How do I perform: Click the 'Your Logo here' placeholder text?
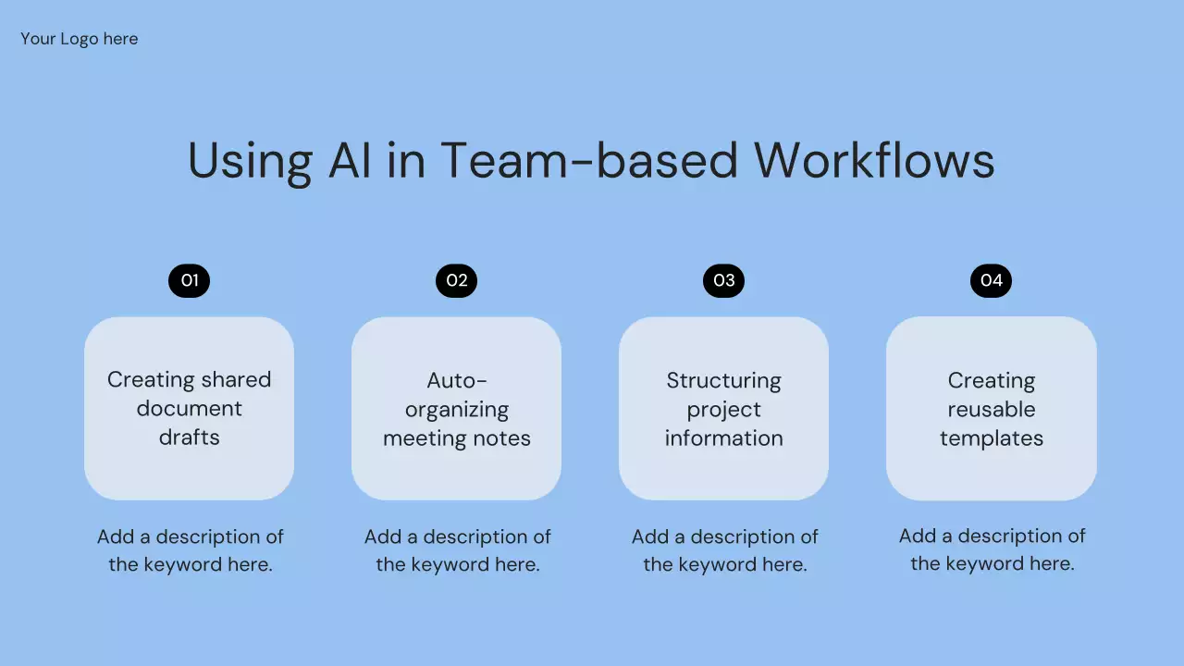(x=80, y=39)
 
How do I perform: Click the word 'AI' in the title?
(x=350, y=160)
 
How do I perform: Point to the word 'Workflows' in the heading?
(x=874, y=160)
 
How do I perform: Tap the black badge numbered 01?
(x=190, y=280)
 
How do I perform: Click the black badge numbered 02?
(x=456, y=280)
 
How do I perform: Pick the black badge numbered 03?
(x=723, y=280)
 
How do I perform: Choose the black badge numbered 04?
(x=991, y=280)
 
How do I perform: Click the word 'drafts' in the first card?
(x=190, y=438)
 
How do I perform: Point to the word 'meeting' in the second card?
(x=425, y=438)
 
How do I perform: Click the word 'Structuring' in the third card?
(x=723, y=380)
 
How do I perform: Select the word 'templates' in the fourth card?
(x=991, y=438)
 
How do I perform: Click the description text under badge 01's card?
(x=190, y=550)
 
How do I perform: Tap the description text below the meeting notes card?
(x=457, y=550)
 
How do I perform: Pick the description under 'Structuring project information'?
(x=724, y=550)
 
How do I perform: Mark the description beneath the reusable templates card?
(x=992, y=549)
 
